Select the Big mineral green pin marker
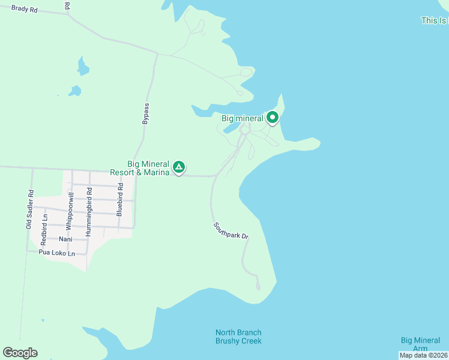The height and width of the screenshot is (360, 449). click(273, 118)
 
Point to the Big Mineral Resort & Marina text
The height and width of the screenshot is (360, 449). click(144, 168)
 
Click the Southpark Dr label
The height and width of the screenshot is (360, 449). click(231, 231)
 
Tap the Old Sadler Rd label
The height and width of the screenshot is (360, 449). click(29, 209)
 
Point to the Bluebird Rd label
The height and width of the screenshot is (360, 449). click(119, 200)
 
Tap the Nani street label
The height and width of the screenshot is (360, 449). click(66, 239)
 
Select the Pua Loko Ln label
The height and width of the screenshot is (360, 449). click(56, 253)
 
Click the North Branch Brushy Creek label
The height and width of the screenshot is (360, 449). click(238, 337)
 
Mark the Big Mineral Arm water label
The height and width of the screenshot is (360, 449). click(421, 344)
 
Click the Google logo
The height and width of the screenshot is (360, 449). click(20, 353)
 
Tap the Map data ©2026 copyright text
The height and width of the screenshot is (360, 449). click(423, 355)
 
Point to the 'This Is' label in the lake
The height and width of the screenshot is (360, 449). click(434, 20)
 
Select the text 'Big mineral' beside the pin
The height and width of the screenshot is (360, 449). click(243, 118)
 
